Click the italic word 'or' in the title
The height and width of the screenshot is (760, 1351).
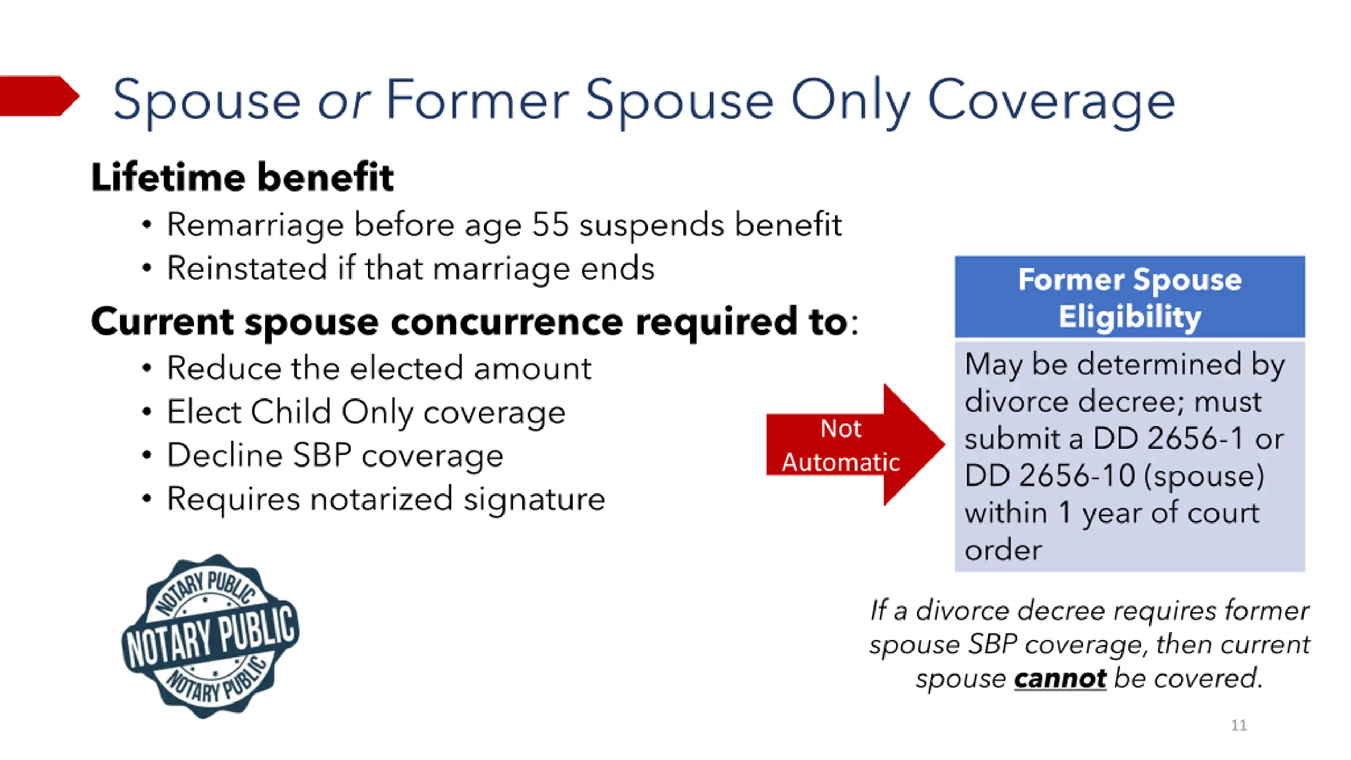coord(344,101)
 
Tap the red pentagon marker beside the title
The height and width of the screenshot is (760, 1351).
coord(40,96)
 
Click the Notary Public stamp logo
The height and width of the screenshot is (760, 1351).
coord(211,636)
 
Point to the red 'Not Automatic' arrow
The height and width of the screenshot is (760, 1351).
coord(855,444)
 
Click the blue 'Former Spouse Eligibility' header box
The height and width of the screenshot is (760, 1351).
coord(1129,297)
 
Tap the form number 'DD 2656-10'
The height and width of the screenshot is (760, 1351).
coord(1049,476)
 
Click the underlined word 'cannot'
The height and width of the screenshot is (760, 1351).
coord(1060,679)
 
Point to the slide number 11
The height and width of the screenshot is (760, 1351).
coord(1239,726)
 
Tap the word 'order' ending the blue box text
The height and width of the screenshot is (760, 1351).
coord(1003,550)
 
